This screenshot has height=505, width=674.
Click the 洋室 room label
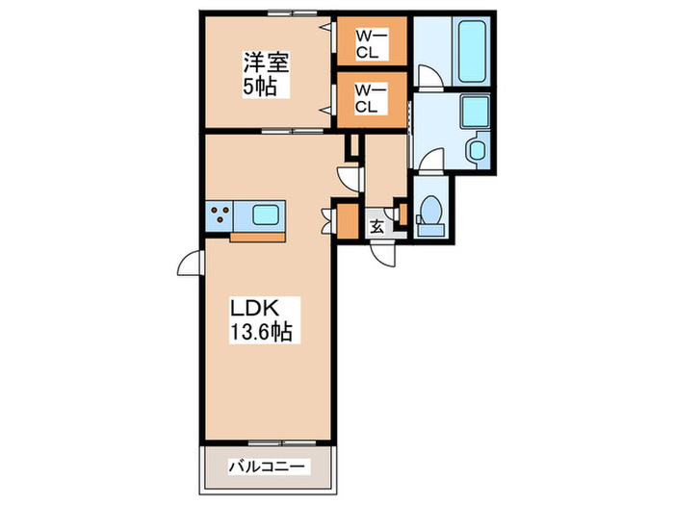click(267, 64)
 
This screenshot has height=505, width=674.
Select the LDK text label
click(253, 310)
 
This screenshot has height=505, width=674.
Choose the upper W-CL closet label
click(370, 44)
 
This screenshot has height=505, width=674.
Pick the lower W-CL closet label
click(370, 99)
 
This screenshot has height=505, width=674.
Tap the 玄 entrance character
click(377, 227)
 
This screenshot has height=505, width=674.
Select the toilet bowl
click(432, 214)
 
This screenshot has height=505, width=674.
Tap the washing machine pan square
click(476, 113)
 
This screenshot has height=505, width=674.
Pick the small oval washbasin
click(476, 149)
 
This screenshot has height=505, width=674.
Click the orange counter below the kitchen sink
click(258, 237)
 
